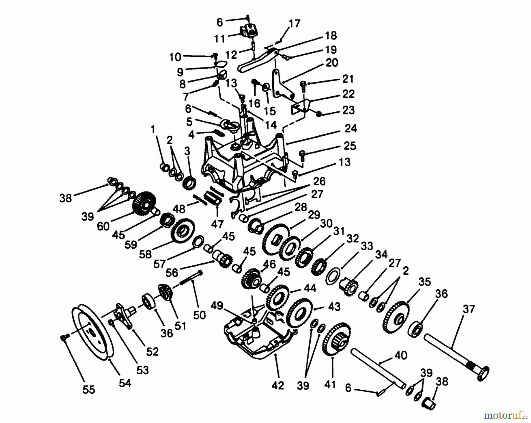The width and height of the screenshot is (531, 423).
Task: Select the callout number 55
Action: pos(88,390)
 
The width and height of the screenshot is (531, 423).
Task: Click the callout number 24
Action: pos(350,129)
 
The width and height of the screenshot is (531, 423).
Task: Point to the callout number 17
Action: pos(294,23)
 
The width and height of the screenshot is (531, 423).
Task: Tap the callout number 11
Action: pos(219,39)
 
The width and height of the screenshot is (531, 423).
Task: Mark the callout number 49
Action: pos(217,306)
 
